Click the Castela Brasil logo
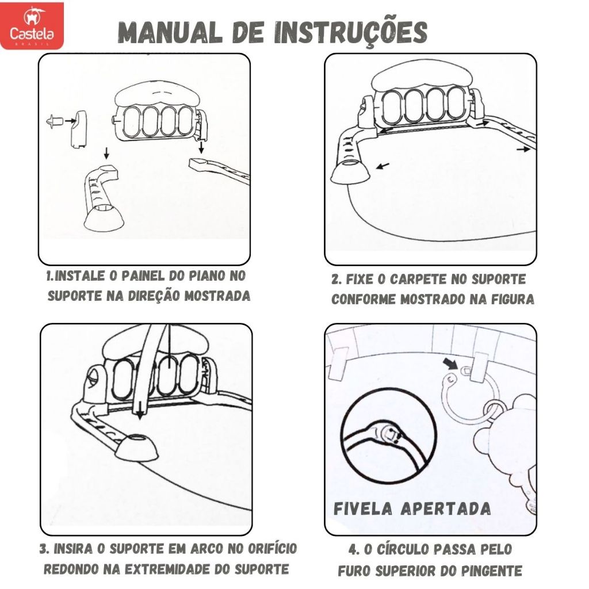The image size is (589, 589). (32, 25)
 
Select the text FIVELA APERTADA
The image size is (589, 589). (412, 508)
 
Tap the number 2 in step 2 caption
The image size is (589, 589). (336, 280)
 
